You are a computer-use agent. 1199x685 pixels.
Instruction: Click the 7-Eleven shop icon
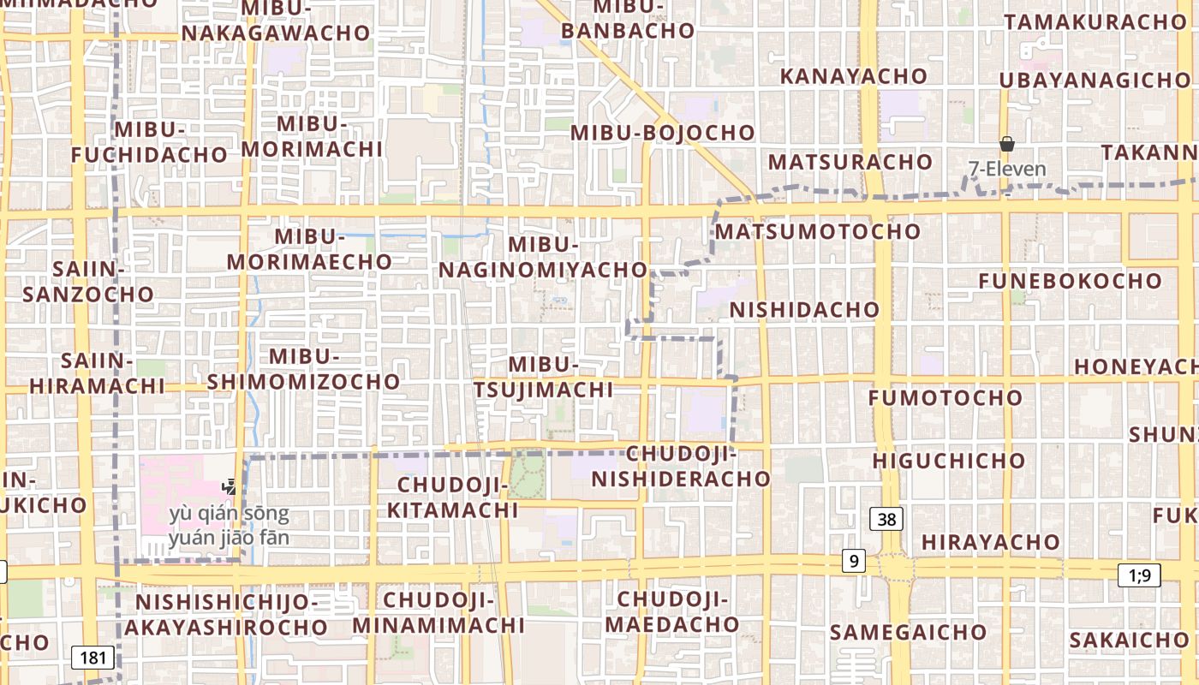(x=1007, y=144)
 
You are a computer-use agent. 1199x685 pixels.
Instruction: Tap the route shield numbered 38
(x=887, y=518)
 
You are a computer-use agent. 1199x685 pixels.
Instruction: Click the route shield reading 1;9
(x=1139, y=575)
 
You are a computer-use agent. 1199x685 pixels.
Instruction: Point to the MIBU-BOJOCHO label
(x=663, y=133)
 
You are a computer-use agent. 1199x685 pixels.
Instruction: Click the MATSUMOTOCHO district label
(x=818, y=231)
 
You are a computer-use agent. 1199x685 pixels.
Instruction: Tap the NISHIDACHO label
(x=804, y=309)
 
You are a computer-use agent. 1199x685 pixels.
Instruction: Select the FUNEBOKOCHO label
(x=1070, y=281)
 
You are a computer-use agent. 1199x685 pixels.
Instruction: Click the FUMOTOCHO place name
(x=945, y=397)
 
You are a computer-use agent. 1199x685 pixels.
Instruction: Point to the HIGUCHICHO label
(x=949, y=461)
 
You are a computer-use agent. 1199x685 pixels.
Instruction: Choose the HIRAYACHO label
(x=991, y=542)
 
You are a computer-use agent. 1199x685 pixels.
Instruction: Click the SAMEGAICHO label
(x=908, y=633)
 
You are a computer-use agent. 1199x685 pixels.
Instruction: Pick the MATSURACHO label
(x=850, y=162)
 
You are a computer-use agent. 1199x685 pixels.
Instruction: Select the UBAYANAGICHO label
(x=1095, y=80)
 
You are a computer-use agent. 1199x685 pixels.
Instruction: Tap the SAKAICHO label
(x=1129, y=640)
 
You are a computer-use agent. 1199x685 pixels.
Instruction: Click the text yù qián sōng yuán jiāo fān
(x=229, y=527)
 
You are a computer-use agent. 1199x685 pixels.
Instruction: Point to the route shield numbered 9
(x=853, y=562)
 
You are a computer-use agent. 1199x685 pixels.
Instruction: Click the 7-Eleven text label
(x=1007, y=169)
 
